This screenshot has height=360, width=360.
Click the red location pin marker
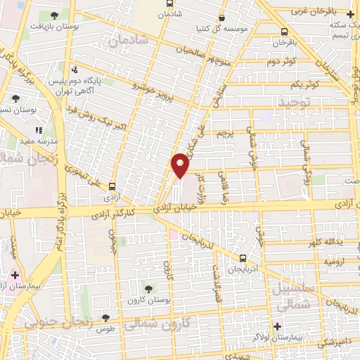(x=181, y=165)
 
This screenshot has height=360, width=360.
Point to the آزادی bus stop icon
(x=111, y=184)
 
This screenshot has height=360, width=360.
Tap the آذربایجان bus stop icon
(x=243, y=258)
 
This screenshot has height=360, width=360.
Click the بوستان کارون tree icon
(x=148, y=288)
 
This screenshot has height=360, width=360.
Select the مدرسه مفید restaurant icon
(x=39, y=130)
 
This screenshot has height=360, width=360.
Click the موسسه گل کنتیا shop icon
(x=222, y=19)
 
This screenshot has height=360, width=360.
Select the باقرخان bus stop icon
(x=284, y=32)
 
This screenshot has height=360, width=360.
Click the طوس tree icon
(x=105, y=319)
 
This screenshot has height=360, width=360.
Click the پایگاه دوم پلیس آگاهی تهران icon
(x=75, y=69)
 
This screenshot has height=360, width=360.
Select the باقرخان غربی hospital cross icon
(x=350, y=13)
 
